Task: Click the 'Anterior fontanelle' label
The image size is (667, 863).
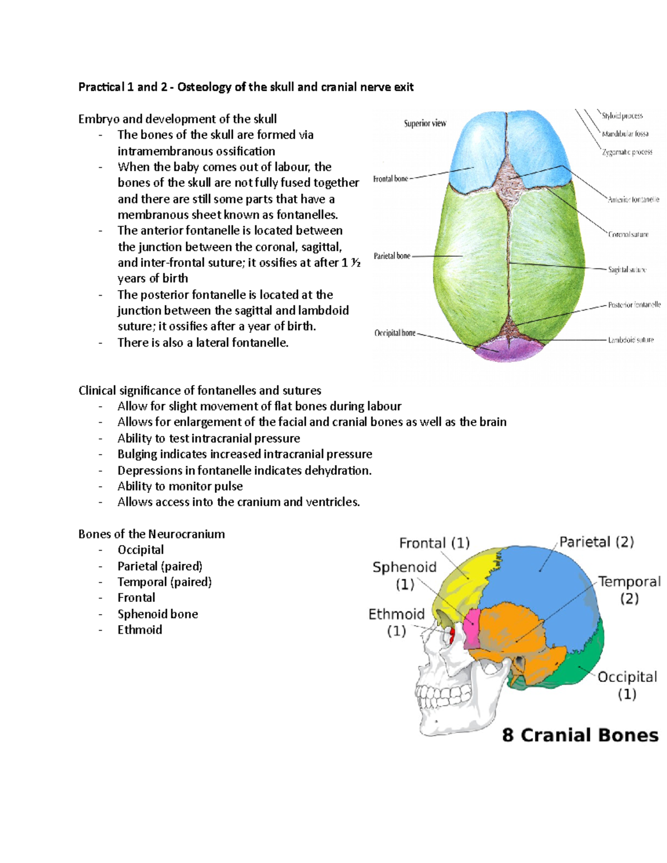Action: click(x=633, y=199)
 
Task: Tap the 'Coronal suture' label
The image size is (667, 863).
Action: click(x=628, y=235)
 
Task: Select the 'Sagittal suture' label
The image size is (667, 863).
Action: click(x=627, y=270)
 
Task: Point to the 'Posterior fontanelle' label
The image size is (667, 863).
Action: click(x=634, y=305)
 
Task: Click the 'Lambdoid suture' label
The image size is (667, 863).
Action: click(x=631, y=340)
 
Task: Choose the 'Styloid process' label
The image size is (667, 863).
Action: click(x=622, y=116)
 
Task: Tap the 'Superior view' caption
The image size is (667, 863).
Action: click(x=425, y=123)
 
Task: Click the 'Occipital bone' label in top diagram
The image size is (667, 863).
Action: click(x=395, y=333)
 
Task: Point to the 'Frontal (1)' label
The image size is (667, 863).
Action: click(x=434, y=543)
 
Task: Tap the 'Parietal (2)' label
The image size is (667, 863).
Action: click(x=596, y=542)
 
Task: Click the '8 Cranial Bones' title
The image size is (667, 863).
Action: click(x=580, y=735)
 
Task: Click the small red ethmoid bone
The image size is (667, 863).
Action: click(x=452, y=635)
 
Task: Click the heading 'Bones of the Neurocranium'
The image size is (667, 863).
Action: click(x=152, y=534)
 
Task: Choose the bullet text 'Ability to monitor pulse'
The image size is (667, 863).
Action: click(x=180, y=486)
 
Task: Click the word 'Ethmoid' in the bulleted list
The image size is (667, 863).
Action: click(x=140, y=630)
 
